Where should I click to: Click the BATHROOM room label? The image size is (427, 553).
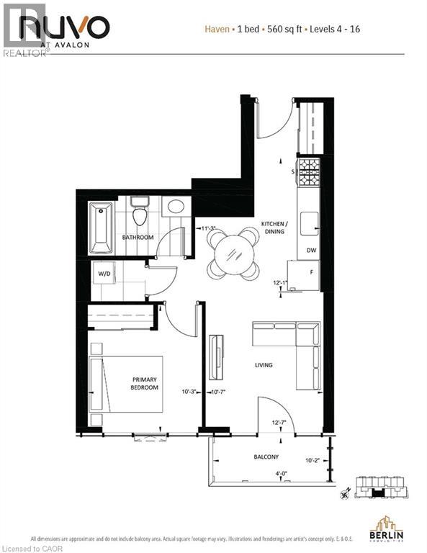pyautogui.click(x=138, y=237)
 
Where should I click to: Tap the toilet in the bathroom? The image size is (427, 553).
pyautogui.click(x=140, y=215)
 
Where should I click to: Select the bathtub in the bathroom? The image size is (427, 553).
pyautogui.click(x=101, y=227)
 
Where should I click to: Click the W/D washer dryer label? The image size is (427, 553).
pyautogui.click(x=104, y=274)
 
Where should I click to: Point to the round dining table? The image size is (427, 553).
pyautogui.click(x=233, y=253)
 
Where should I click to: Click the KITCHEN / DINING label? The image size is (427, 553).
pyautogui.click(x=274, y=228)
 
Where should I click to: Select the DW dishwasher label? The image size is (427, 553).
pyautogui.click(x=311, y=251)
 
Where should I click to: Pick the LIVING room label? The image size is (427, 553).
pyautogui.click(x=264, y=365)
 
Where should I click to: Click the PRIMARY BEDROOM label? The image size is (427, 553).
pyautogui.click(x=144, y=384)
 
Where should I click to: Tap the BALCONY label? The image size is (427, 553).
pyautogui.click(x=266, y=457)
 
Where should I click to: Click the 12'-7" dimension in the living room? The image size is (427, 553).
pyautogui.click(x=279, y=422)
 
